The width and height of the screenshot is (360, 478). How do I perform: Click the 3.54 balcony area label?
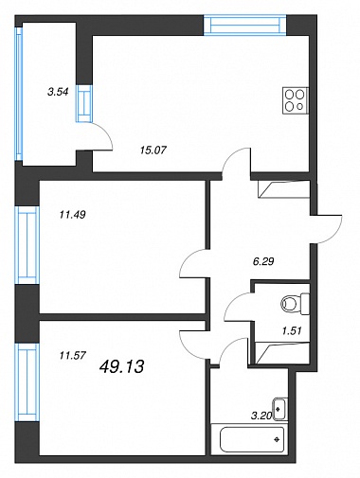coord(58,92)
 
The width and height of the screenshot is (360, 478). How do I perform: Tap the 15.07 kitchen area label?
coord(153,150)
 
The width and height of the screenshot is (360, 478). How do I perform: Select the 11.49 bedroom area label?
coord(72,215)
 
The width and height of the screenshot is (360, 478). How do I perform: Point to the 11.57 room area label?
coord(72,356)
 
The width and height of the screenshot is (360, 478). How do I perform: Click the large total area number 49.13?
coord(121,366)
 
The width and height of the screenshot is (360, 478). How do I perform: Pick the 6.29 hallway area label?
coord(263,261)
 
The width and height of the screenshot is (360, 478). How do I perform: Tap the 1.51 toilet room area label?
coord(292,330)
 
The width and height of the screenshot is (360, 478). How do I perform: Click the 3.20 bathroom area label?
coord(261,416)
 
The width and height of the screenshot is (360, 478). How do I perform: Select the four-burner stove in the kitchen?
coord(295,99)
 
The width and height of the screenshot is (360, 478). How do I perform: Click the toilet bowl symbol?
coord(295,304)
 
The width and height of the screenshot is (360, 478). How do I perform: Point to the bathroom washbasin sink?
coord(279,409)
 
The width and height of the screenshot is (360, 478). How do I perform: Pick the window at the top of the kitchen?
coord(245,26)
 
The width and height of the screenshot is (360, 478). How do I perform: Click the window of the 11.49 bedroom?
coord(27,245)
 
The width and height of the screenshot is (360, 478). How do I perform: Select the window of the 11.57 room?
coord(27,382)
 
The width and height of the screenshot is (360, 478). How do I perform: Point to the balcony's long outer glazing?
coord(19,94)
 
